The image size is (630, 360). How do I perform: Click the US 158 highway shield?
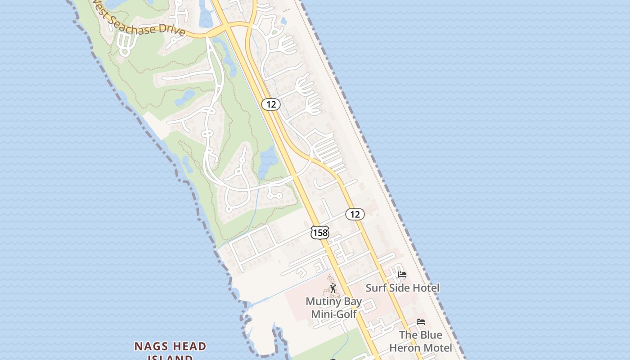319,233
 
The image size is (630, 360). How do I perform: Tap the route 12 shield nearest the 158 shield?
355,214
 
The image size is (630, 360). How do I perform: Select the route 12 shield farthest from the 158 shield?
271,104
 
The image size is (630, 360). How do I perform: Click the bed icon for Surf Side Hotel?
402,274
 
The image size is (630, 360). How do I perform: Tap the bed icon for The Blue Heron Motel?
421,322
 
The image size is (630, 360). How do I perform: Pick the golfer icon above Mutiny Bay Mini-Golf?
333,288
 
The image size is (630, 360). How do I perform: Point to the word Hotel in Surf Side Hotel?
425,288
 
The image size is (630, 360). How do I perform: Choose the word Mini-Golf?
334,314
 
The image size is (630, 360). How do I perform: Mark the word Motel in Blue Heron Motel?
437,348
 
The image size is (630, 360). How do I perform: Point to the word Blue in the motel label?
431,335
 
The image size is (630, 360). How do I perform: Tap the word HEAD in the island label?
188,346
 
